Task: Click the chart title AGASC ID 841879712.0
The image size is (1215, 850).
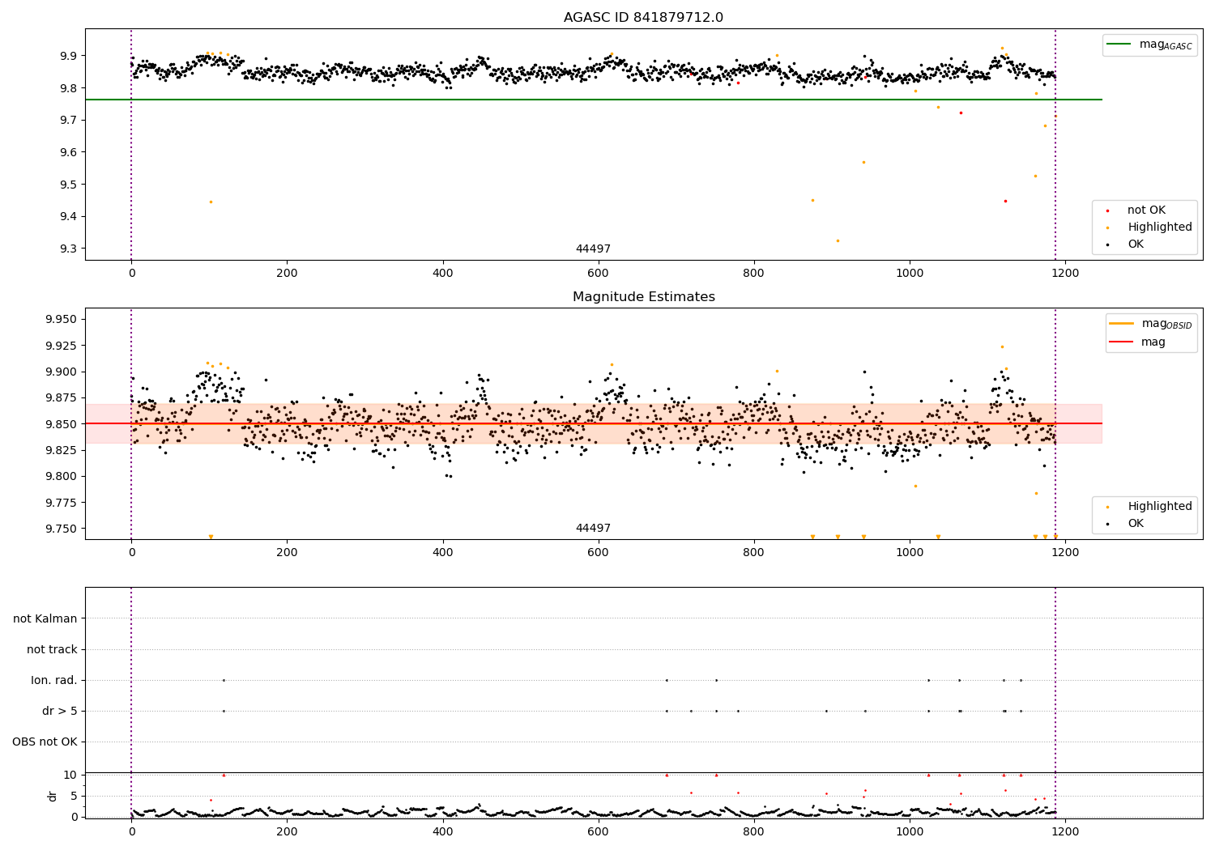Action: point(643,18)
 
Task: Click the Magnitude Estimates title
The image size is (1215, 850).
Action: point(643,297)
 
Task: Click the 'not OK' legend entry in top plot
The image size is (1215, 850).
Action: point(1146,210)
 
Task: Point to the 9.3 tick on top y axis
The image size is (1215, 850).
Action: point(67,249)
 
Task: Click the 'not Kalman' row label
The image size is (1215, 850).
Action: point(45,619)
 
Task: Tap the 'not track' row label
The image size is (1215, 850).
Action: point(52,650)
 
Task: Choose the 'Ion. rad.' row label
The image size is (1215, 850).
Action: point(54,681)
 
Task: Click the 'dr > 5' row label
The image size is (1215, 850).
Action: point(60,712)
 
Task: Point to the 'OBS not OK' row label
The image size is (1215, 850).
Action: point(45,742)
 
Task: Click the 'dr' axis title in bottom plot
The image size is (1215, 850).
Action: point(53,796)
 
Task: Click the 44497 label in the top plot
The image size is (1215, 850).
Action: point(593,249)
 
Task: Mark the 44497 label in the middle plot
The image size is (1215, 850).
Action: point(593,529)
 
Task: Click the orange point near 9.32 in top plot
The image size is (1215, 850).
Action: point(838,240)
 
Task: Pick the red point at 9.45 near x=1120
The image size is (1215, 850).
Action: point(1005,201)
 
